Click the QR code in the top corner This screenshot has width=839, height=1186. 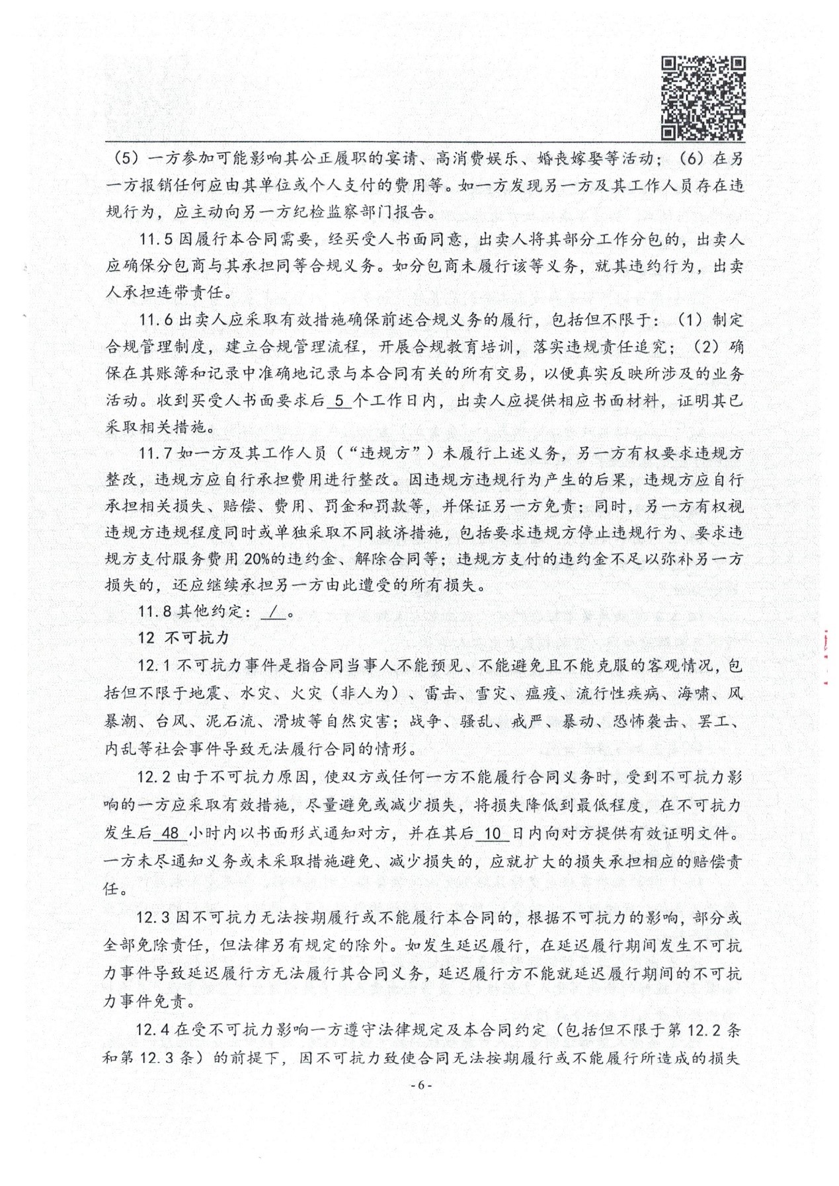[703, 99]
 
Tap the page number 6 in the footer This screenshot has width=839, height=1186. [420, 1085]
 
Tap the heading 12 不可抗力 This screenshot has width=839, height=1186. [183, 638]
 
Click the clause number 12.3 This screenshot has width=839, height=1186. [154, 917]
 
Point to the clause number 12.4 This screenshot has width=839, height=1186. [153, 1029]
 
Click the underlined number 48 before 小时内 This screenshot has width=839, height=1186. [171, 833]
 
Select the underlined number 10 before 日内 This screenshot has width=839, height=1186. [493, 833]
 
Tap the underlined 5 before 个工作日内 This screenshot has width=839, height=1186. [339, 400]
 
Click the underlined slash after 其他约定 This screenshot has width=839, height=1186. [273, 612]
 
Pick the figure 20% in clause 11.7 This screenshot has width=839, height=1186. [257, 559]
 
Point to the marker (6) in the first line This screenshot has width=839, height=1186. [692, 159]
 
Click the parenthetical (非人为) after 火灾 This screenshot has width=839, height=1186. [369, 693]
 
